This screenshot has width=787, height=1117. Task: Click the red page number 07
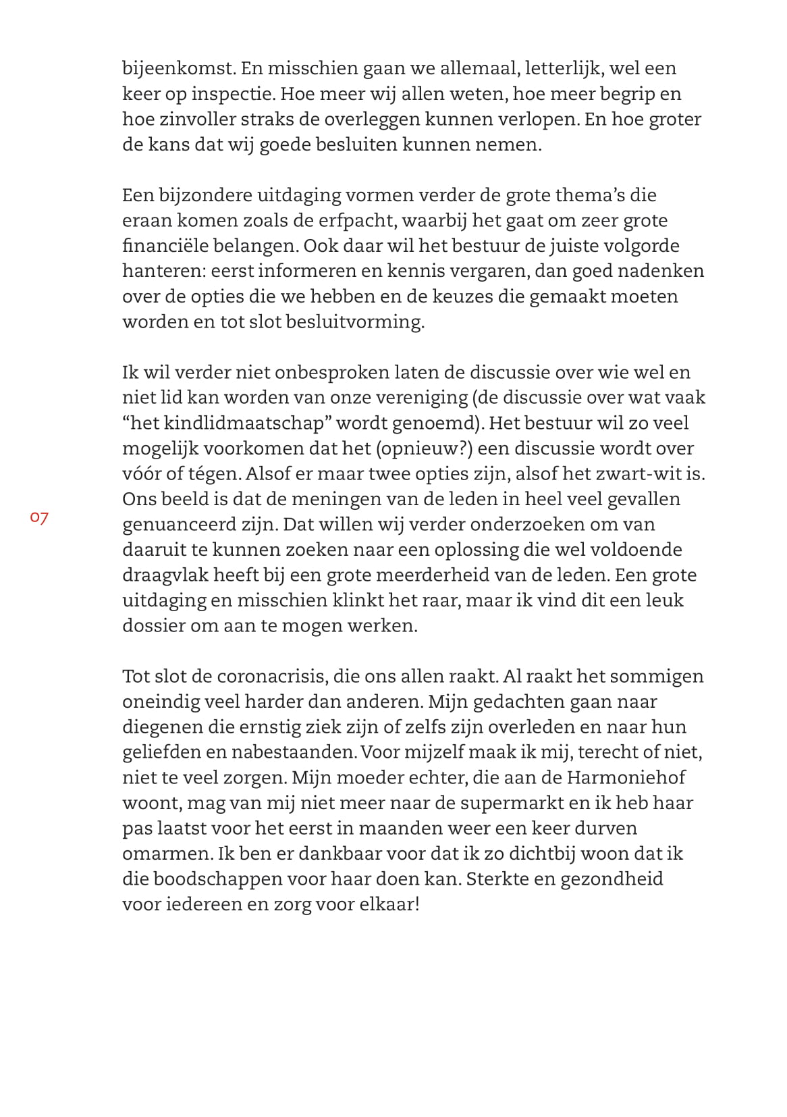coord(39,518)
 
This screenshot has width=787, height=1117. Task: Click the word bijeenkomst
coord(178,68)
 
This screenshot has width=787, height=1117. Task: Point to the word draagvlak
coord(165,575)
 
